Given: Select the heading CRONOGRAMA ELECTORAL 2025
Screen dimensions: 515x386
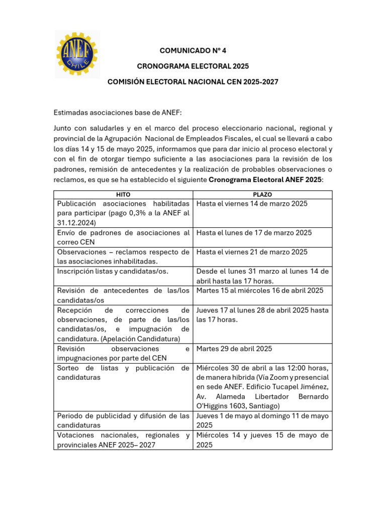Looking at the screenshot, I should [x=192, y=66].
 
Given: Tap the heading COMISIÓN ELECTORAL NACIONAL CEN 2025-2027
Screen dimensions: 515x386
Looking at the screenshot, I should [x=192, y=81].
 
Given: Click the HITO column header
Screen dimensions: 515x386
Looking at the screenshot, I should [x=123, y=194].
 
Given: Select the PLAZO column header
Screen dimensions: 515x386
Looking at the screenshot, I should [x=262, y=194].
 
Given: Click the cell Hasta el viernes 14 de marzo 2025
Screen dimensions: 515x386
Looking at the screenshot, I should [x=252, y=204].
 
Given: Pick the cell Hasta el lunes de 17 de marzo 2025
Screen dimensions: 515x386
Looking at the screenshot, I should [x=254, y=233].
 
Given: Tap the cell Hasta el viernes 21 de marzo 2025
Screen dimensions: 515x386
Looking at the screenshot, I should [x=252, y=252].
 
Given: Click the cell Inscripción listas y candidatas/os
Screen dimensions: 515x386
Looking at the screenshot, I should [x=113, y=271].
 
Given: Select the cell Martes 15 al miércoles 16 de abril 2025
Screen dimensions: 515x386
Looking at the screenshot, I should [x=260, y=290].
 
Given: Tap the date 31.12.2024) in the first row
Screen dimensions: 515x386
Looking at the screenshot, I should [x=75, y=223].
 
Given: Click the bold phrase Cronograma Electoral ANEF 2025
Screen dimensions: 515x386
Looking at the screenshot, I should [x=265, y=180].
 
